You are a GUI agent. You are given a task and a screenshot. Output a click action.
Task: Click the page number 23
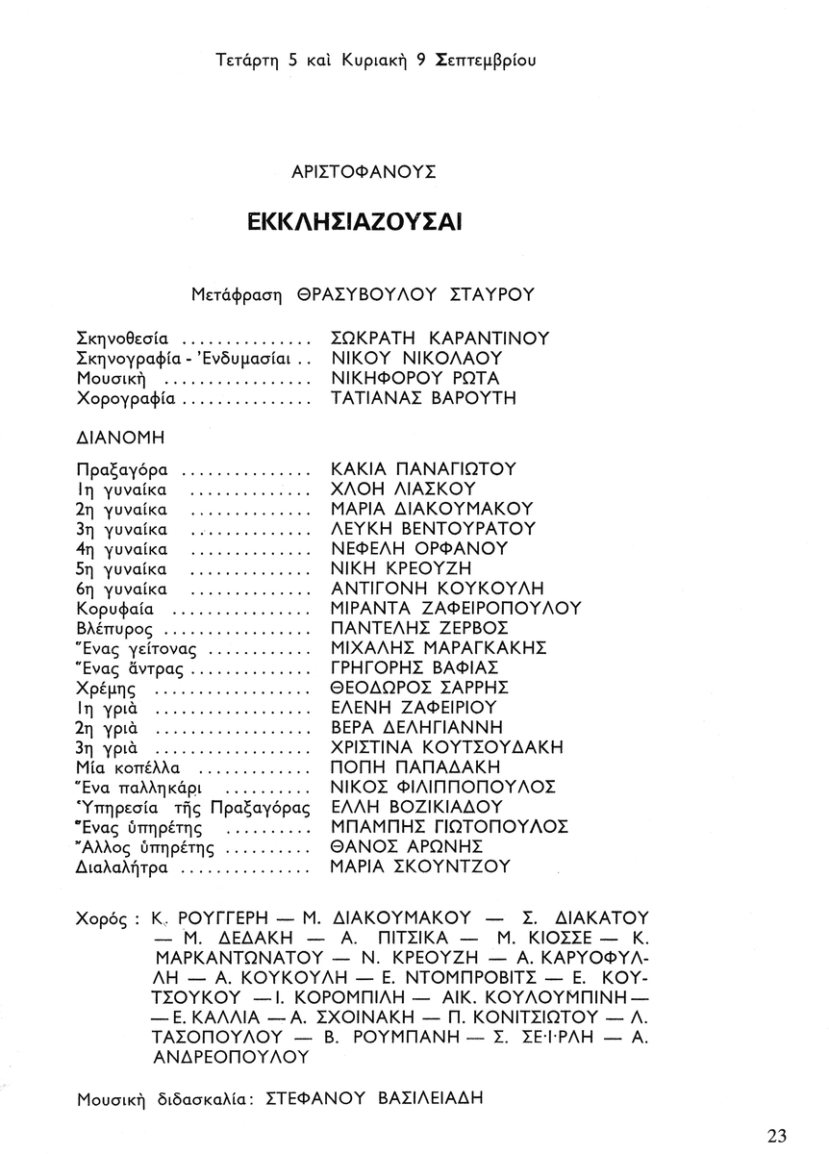(778, 1135)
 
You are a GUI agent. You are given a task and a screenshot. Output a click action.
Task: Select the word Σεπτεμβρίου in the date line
(486, 61)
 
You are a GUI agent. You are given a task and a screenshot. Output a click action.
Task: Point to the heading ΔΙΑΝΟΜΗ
(120, 437)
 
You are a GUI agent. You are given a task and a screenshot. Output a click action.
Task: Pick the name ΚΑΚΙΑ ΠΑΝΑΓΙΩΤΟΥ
(423, 470)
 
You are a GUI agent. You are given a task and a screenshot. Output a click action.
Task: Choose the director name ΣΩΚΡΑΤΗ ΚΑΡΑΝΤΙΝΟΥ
(440, 339)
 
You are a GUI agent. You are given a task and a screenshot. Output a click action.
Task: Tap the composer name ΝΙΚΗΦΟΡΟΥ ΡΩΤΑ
(414, 378)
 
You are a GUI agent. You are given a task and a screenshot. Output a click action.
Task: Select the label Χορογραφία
(126, 398)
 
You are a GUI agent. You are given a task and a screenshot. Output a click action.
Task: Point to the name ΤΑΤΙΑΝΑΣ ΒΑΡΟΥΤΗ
(421, 398)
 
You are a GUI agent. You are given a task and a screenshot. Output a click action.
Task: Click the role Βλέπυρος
(117, 629)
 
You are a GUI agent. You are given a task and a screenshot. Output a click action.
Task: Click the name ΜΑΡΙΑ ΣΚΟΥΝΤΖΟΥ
(419, 867)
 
